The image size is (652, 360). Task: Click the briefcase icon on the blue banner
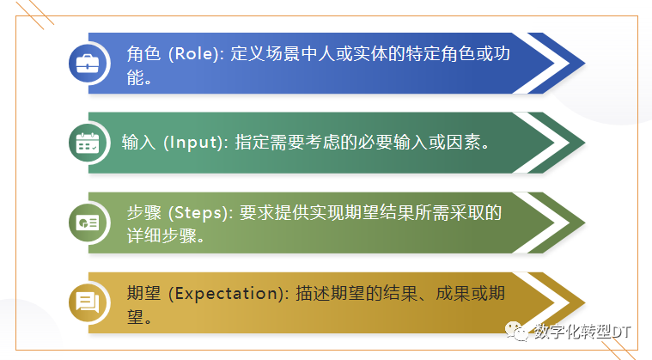point(88,63)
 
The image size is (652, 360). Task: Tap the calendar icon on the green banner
point(88,143)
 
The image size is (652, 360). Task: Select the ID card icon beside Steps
point(88,223)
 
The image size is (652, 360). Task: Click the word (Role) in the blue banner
point(195,53)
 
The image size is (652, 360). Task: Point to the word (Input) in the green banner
point(192,143)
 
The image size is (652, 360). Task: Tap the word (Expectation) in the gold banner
point(227,293)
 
